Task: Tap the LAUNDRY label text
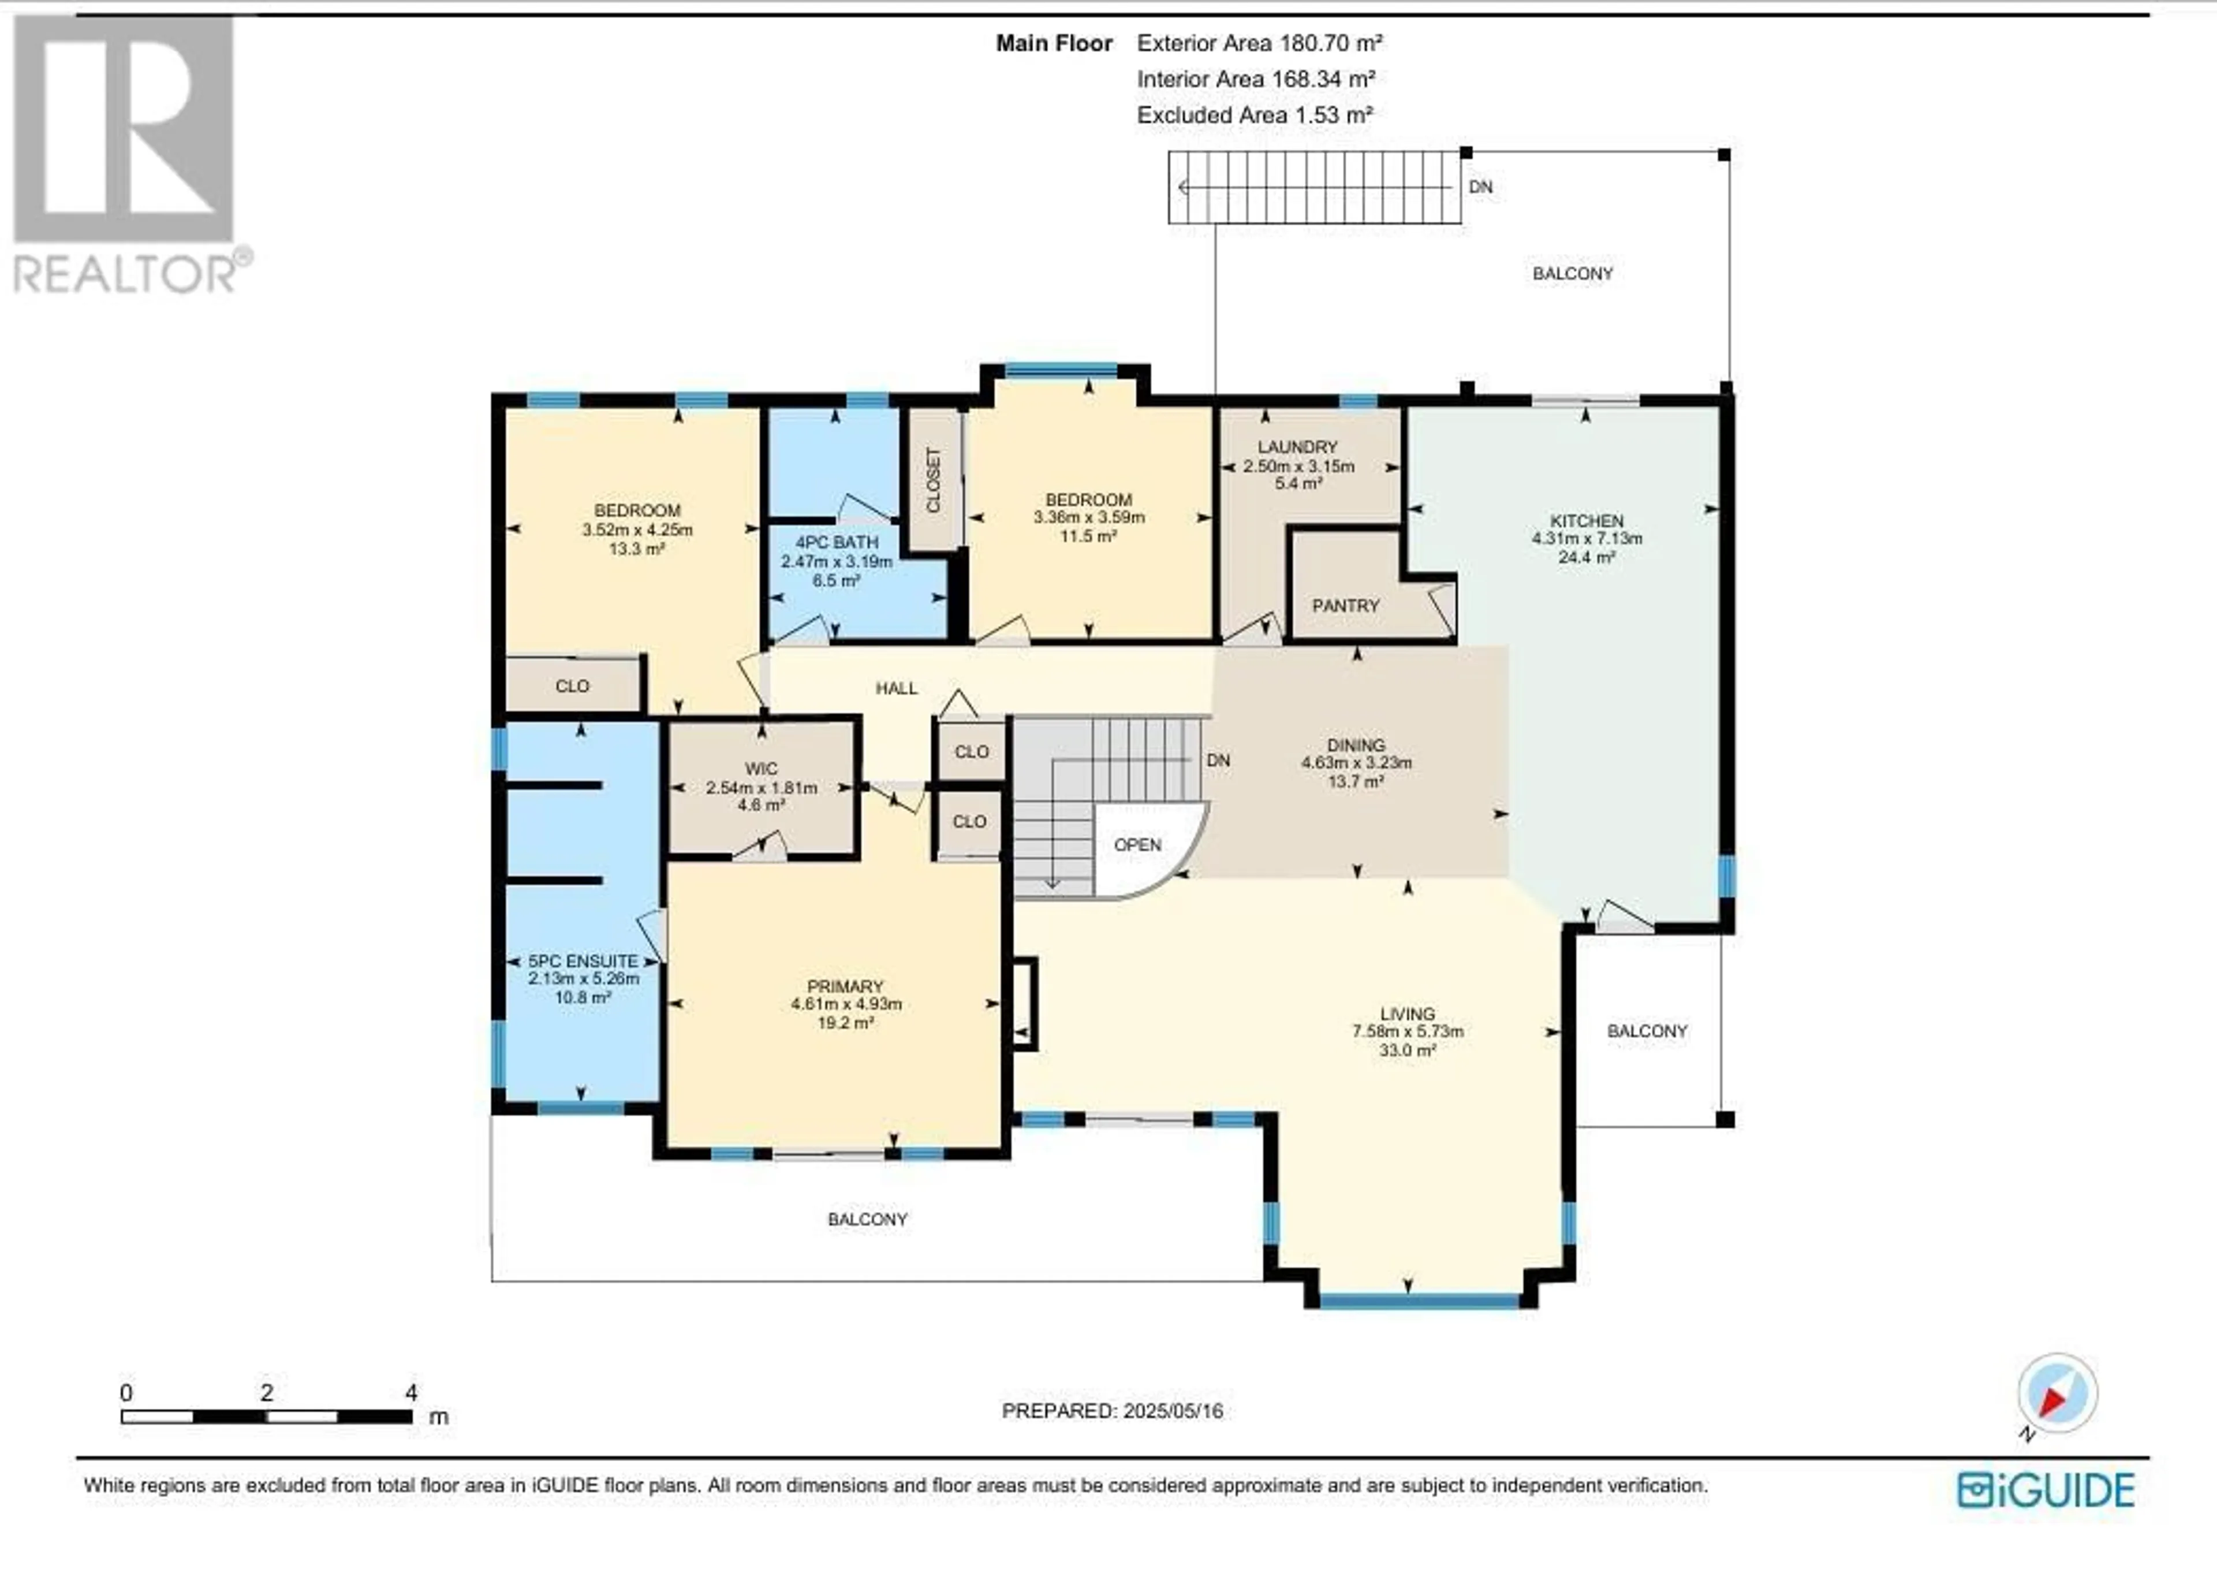point(1297,447)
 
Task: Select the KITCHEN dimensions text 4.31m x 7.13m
point(1587,539)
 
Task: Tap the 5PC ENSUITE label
point(583,962)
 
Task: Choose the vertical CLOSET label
point(932,480)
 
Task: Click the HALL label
point(897,688)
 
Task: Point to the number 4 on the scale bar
point(412,1392)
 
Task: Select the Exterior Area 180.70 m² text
point(1259,43)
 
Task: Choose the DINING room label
point(1357,745)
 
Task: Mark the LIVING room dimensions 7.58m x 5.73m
point(1408,1031)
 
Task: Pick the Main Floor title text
point(1054,43)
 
